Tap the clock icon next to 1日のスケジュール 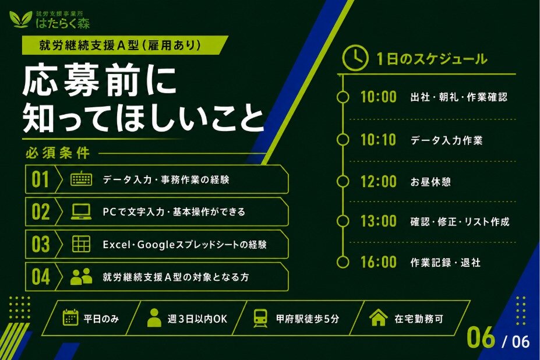pos(355,58)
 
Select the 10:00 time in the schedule pos(379,97)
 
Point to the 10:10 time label pos(379,140)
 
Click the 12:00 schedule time pos(379,181)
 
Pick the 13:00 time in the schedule pos(379,221)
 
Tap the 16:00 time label pos(379,262)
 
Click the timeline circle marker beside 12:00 pos(343,181)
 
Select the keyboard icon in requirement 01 pos(82,179)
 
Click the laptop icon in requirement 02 pos(82,211)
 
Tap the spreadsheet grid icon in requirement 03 pos(82,244)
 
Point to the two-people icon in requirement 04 pos(82,276)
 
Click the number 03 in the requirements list pos(41,244)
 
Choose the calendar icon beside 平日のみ pos(70,317)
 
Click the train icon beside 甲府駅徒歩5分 pos(260,318)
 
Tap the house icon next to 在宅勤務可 pos(378,317)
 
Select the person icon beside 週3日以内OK pos(154,317)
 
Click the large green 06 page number pos(481,338)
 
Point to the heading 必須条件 pos(58,153)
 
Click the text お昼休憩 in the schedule pos(430,182)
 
